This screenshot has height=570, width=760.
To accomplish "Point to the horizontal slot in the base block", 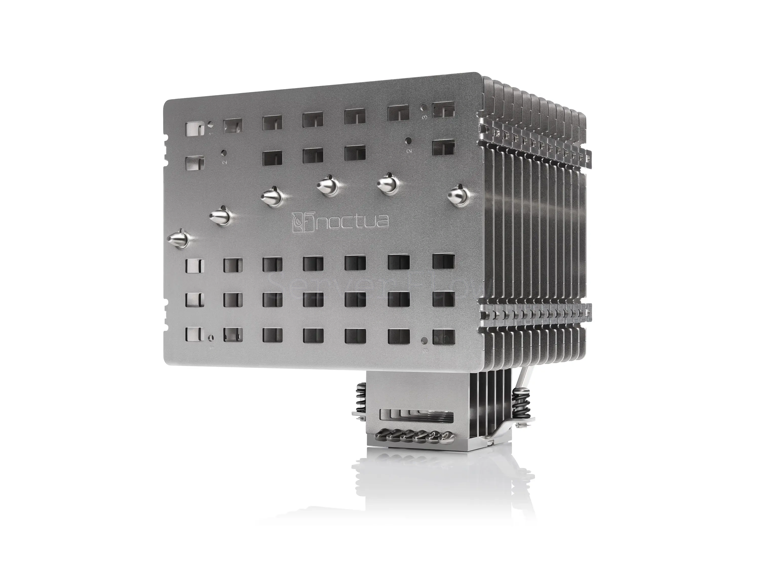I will coord(416,416).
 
